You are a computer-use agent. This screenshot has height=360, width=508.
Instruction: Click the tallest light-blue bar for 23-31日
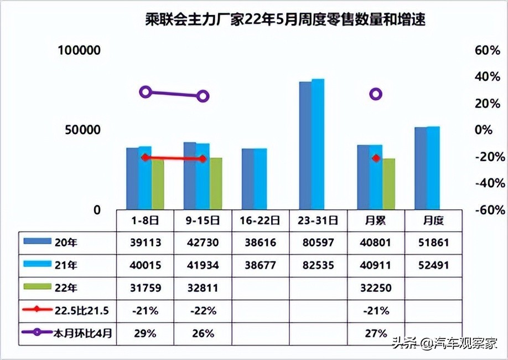[x=318, y=144]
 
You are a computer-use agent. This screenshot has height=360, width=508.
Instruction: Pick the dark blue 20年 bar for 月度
[x=420, y=168]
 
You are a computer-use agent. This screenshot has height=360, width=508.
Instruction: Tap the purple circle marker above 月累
[x=376, y=94]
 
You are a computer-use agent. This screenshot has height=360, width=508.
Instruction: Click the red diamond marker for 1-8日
[x=146, y=157]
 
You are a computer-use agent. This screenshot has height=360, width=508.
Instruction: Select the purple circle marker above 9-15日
[x=203, y=96]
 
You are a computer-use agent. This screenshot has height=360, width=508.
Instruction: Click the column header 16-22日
[x=260, y=220]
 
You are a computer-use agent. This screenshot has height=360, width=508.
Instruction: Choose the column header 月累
[x=376, y=220]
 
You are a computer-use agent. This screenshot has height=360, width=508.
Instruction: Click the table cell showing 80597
[x=318, y=243]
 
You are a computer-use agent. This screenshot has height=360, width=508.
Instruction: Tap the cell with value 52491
[x=433, y=265]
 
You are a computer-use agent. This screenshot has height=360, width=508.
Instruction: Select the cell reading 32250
[x=376, y=288]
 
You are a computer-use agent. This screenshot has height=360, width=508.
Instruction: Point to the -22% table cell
[x=203, y=311]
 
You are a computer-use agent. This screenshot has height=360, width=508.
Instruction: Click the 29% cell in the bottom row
[x=146, y=333]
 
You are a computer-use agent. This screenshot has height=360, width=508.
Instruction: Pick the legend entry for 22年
[x=61, y=288]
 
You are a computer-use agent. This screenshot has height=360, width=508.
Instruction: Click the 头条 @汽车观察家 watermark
[x=445, y=343]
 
